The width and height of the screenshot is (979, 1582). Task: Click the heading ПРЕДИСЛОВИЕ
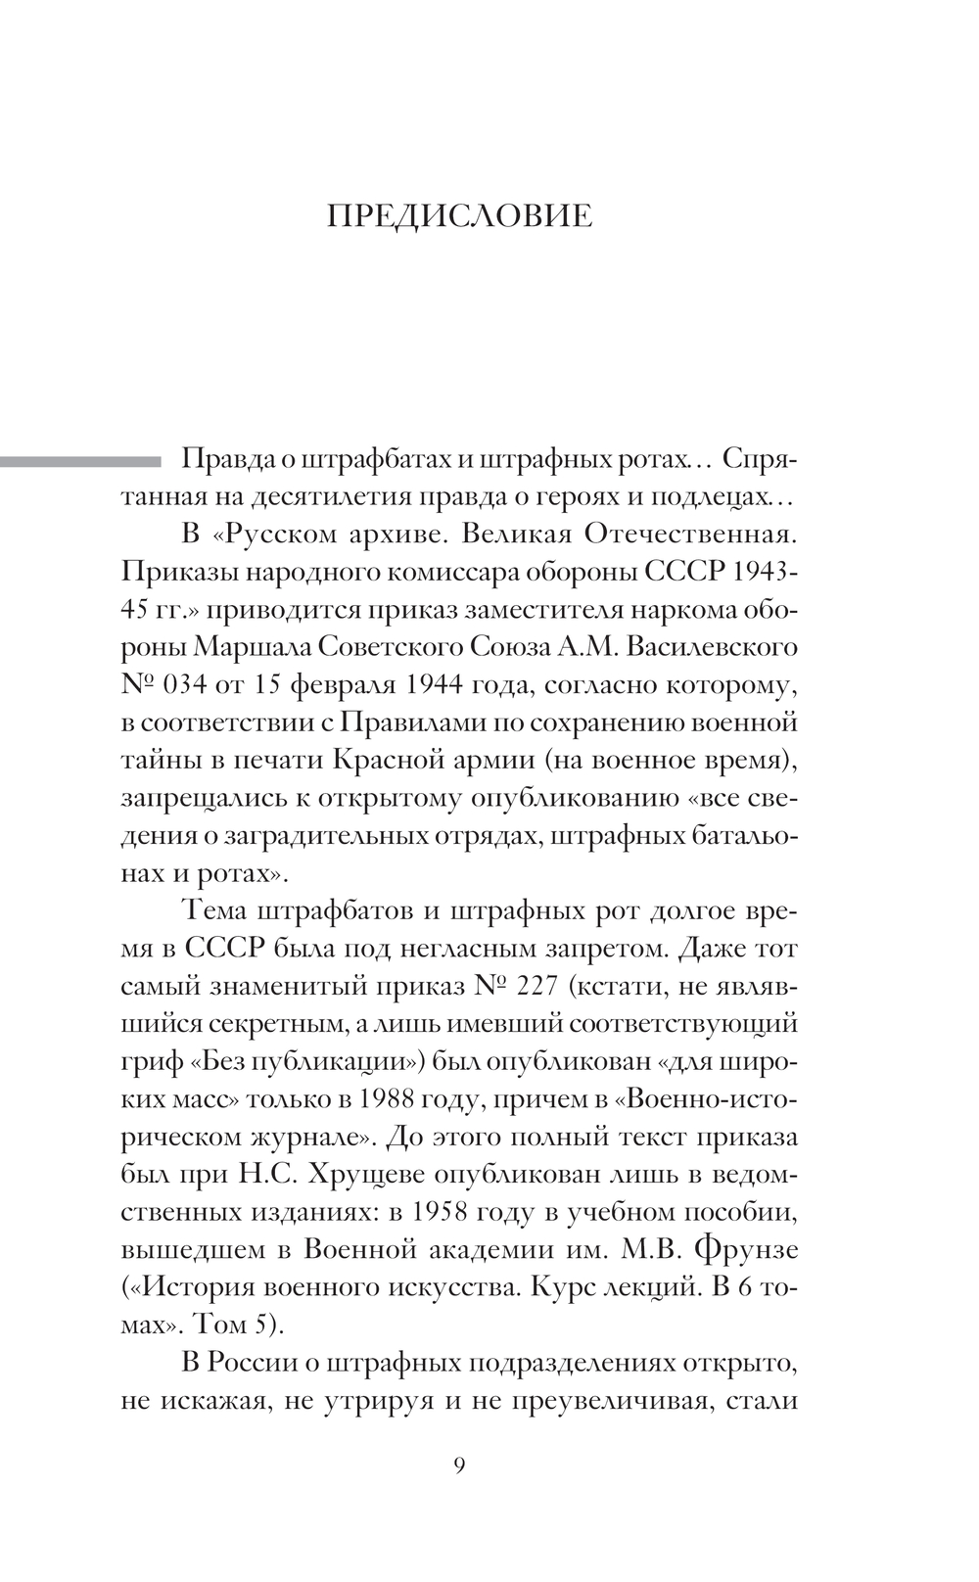pos(459,216)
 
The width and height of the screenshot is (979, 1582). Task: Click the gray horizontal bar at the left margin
pos(78,460)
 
